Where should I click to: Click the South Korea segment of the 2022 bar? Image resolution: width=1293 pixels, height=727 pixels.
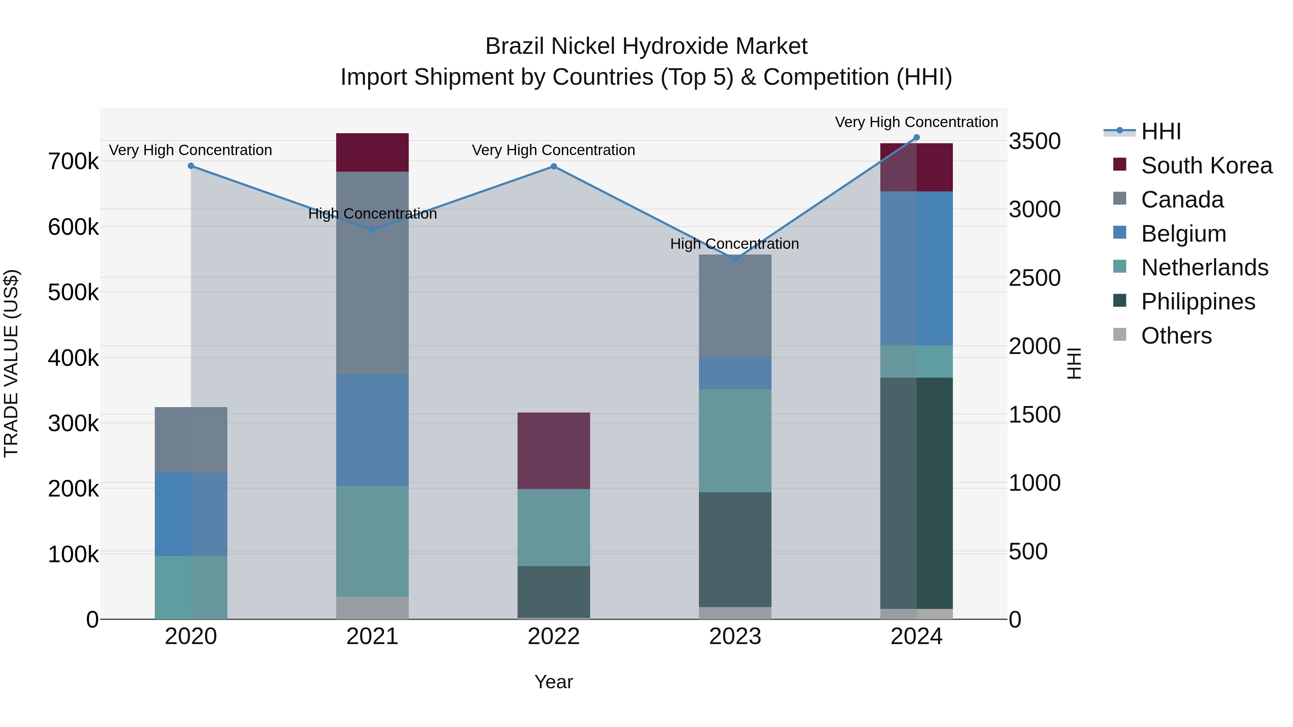(x=553, y=451)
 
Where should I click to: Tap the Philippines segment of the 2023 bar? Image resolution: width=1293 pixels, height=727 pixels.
(x=735, y=549)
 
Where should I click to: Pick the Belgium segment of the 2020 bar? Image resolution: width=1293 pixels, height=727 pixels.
(x=191, y=514)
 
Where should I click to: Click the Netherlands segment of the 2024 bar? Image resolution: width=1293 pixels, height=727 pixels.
(x=917, y=361)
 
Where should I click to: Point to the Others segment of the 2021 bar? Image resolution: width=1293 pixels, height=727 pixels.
(x=372, y=607)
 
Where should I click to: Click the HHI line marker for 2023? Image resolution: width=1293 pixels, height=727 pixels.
(x=735, y=260)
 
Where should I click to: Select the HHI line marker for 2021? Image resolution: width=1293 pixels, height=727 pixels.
(x=372, y=230)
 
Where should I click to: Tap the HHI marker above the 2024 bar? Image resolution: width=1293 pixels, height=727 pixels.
(x=917, y=138)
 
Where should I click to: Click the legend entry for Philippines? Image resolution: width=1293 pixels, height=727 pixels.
(x=1197, y=302)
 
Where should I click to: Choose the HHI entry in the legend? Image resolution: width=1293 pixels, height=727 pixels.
(x=1160, y=131)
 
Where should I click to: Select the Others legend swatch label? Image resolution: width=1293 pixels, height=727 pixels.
(x=1176, y=336)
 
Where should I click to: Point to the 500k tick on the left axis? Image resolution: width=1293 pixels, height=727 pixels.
(x=73, y=292)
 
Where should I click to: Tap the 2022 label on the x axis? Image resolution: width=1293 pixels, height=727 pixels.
(x=553, y=637)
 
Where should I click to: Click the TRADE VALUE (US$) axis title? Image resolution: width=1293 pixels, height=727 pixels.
(x=11, y=363)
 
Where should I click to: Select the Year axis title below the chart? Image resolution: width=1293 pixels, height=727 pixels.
(x=553, y=682)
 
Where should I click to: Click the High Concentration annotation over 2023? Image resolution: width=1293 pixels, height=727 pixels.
(x=734, y=244)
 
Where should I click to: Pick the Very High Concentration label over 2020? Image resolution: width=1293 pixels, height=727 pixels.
(x=190, y=150)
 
